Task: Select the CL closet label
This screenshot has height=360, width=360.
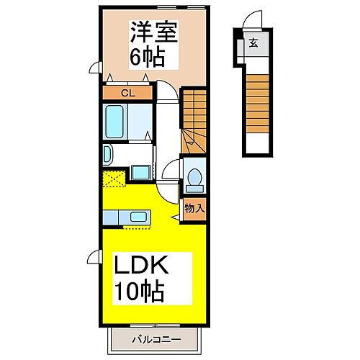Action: click(128, 92)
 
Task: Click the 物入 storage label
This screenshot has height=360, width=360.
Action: click(194, 209)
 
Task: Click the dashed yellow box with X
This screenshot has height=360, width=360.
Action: click(114, 179)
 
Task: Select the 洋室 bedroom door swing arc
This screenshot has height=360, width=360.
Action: click(166, 91)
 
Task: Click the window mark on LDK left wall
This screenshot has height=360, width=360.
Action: click(94, 255)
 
